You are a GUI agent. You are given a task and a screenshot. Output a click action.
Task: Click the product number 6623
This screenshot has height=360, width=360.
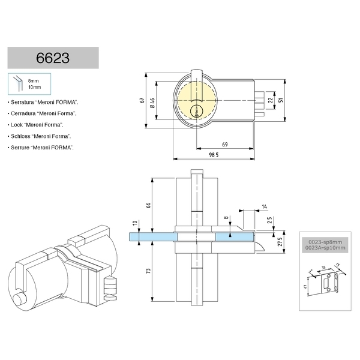point(53,58)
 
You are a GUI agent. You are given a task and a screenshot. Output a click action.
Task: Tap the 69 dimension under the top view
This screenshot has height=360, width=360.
point(224,145)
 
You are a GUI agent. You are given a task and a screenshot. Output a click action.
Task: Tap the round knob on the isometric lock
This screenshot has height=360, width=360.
point(22,297)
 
